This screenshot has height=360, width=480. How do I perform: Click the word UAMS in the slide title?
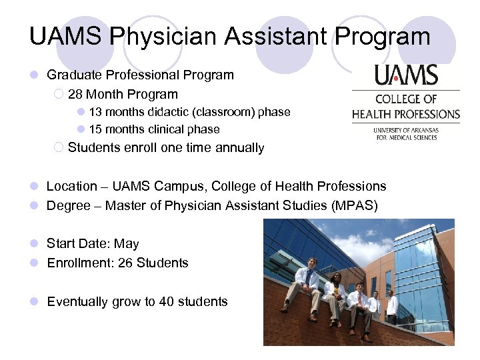point(65,36)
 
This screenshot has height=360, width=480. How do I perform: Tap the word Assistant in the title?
point(267,36)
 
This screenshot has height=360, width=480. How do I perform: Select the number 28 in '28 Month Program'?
point(75,95)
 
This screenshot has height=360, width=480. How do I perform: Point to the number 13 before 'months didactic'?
point(95,112)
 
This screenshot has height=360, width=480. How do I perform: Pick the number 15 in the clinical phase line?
point(95,129)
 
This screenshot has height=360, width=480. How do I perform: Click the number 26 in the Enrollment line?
point(125,263)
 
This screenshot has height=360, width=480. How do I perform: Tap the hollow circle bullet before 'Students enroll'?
point(59,147)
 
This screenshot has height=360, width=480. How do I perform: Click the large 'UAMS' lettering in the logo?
point(405,75)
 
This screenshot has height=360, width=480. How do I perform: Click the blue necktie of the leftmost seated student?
point(308,277)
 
